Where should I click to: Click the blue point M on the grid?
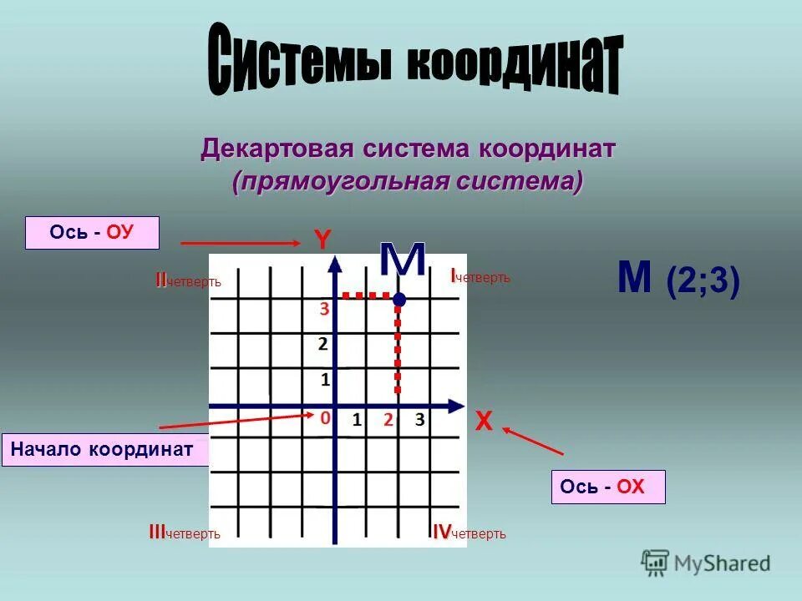click(399, 298)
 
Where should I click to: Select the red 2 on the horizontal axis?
click(388, 420)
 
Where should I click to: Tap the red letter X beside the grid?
click(484, 422)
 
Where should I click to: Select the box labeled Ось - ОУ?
click(92, 233)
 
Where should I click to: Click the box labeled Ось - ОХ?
click(608, 487)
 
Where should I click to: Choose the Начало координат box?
click(104, 450)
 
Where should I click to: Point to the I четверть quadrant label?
click(480, 277)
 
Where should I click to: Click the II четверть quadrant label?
click(188, 280)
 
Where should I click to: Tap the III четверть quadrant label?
click(185, 533)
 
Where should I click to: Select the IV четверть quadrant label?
click(469, 533)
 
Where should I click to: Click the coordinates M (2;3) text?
click(678, 280)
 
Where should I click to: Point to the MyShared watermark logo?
click(706, 562)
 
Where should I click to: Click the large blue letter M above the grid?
click(403, 261)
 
